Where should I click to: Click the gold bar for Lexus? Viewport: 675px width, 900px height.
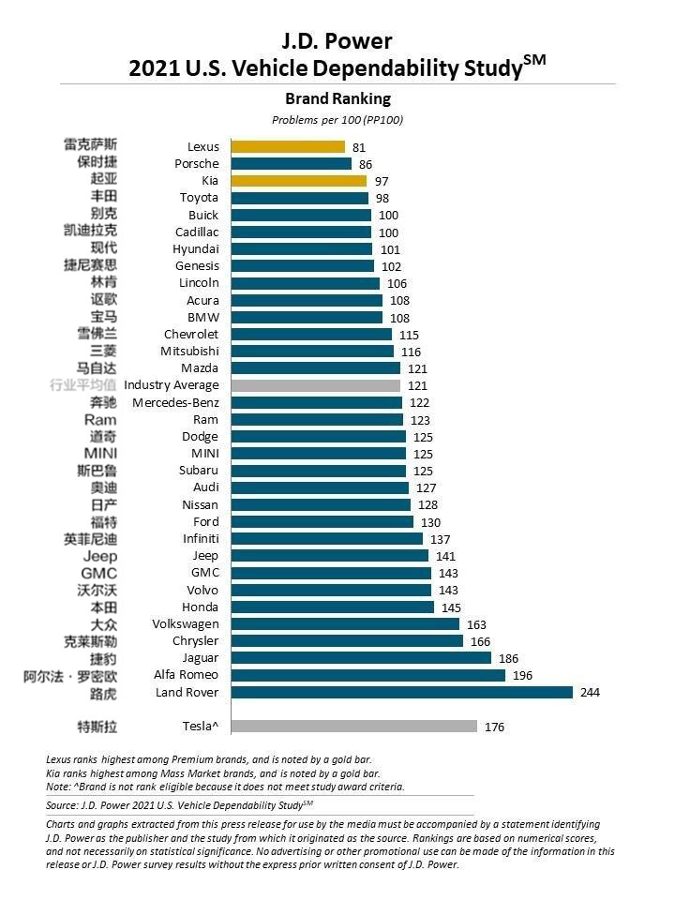click(x=288, y=146)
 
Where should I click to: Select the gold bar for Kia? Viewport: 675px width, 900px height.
click(x=298, y=180)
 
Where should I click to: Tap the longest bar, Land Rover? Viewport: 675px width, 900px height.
click(x=401, y=693)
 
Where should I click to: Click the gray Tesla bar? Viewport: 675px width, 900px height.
click(x=353, y=727)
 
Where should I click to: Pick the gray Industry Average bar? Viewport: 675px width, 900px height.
click(x=315, y=385)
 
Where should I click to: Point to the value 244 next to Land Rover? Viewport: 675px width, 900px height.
click(x=590, y=693)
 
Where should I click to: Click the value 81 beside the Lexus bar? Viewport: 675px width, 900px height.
click(x=359, y=147)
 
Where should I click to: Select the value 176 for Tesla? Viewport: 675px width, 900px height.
click(x=495, y=727)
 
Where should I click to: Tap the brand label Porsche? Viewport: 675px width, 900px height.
click(x=197, y=163)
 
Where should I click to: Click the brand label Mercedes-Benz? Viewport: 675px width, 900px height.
click(x=175, y=402)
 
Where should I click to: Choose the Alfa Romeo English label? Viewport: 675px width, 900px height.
click(x=186, y=675)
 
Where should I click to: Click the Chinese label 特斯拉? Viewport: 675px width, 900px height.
click(x=97, y=727)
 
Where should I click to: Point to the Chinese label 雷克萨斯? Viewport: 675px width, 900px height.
click(x=90, y=145)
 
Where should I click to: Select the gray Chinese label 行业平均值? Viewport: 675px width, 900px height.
click(x=82, y=385)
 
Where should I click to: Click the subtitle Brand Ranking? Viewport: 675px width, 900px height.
click(x=337, y=98)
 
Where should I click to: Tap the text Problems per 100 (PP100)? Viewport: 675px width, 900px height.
click(x=337, y=120)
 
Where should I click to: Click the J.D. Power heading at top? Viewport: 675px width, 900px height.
click(x=337, y=40)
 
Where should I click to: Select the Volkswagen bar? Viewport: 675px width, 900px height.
click(x=344, y=624)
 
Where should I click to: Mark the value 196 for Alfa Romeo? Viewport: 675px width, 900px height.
click(x=523, y=675)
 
